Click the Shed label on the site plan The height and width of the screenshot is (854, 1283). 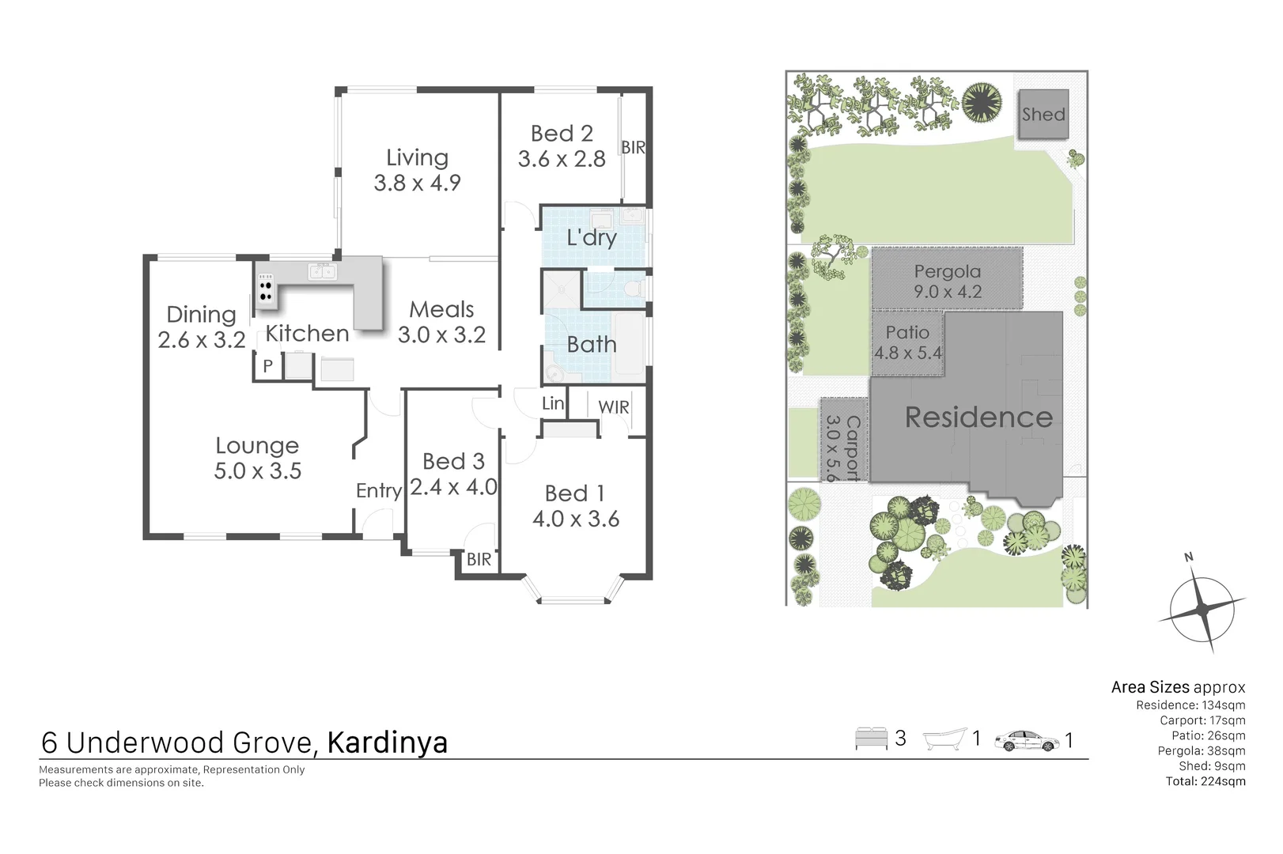[1043, 115]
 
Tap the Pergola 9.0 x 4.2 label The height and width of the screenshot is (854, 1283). [948, 282]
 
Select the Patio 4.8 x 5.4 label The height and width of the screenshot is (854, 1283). [907, 342]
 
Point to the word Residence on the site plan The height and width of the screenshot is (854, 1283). [978, 418]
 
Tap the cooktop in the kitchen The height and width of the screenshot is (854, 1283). [266, 291]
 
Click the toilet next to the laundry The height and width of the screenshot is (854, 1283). [633, 289]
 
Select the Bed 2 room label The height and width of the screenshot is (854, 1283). [562, 146]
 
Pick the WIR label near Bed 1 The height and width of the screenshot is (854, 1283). [614, 407]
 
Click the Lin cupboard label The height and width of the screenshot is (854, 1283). [553, 403]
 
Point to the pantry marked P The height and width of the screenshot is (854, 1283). [267, 366]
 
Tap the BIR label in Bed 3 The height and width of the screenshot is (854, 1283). [479, 560]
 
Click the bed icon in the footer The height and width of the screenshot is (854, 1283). [871, 739]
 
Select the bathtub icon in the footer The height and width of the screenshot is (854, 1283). [945, 739]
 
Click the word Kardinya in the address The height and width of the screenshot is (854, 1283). [388, 743]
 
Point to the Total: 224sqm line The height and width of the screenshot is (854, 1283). [1205, 781]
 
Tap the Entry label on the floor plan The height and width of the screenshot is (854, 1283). [379, 491]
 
